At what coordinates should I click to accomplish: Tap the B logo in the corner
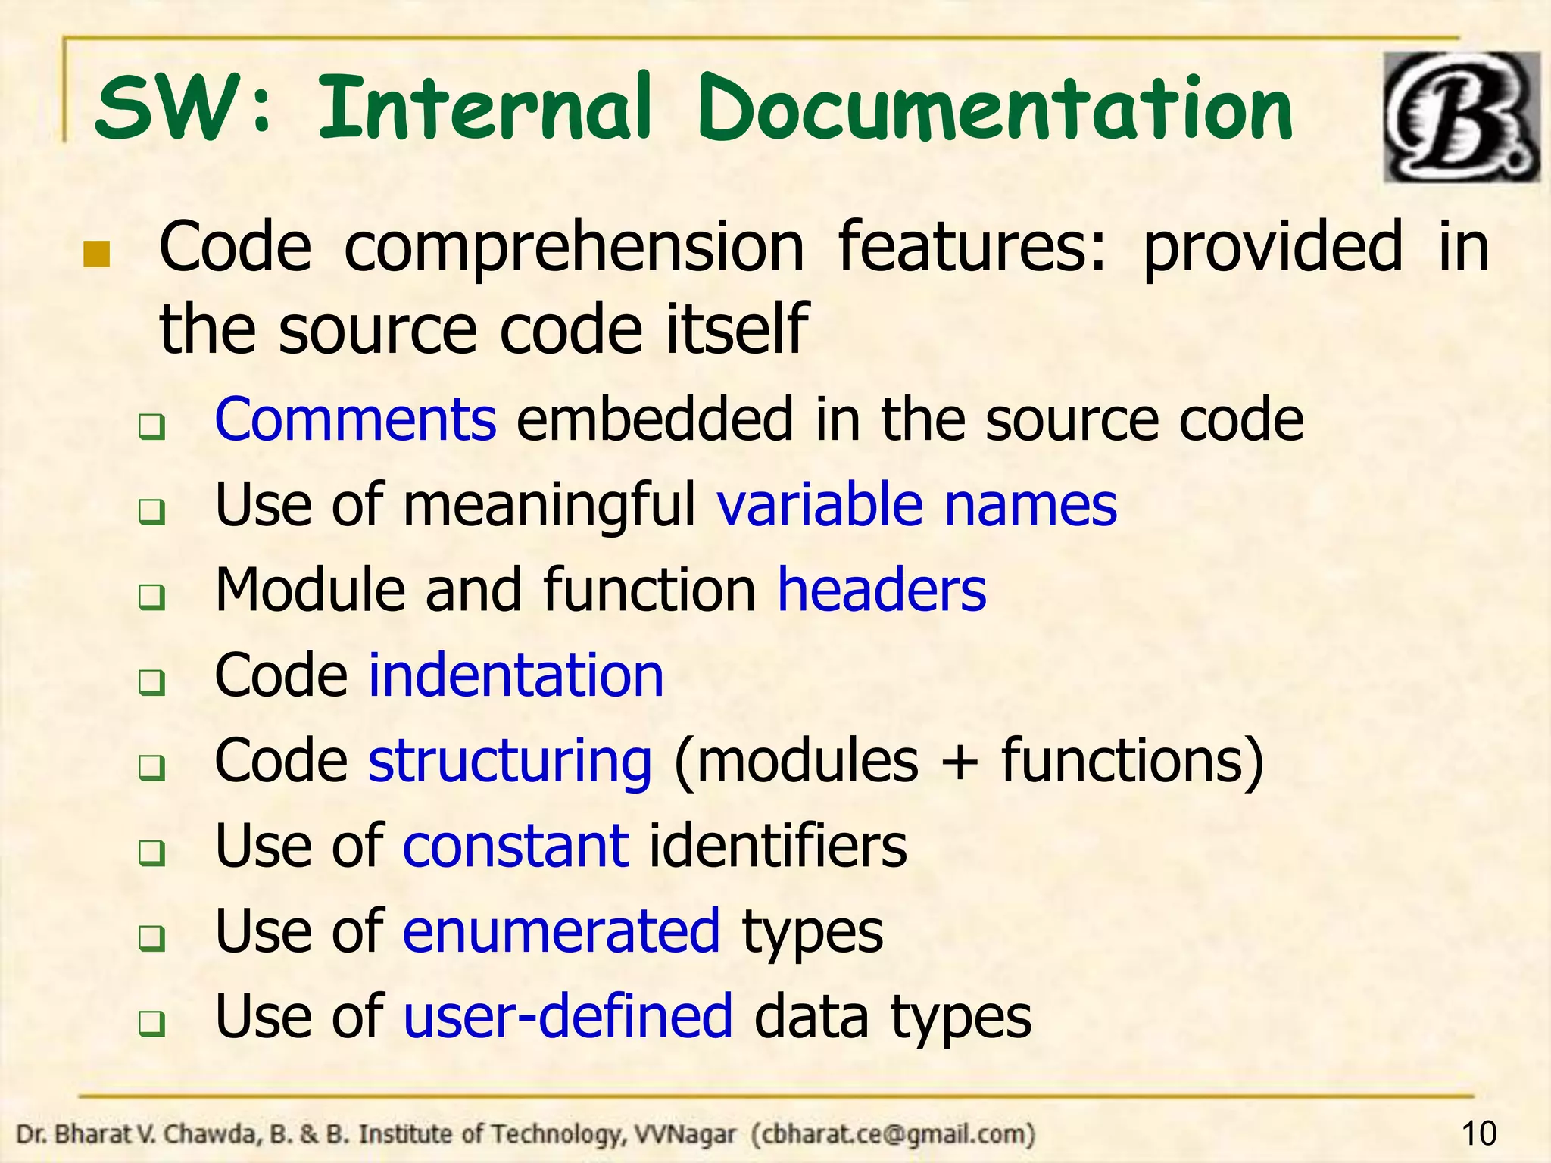1461,117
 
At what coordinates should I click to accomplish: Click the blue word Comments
355,419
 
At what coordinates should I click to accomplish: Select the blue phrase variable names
917,505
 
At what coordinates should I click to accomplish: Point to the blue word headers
882,590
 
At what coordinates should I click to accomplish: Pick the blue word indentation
516,675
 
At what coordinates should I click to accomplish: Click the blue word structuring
509,761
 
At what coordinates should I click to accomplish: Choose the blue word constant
515,846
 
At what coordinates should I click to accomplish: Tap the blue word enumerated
560,931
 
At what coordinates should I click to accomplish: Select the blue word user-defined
567,1016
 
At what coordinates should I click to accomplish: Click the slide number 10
1478,1133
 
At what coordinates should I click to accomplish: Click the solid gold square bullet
96,255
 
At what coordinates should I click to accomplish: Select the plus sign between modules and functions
959,762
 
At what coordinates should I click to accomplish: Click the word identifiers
778,846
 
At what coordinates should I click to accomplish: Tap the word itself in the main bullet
736,329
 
